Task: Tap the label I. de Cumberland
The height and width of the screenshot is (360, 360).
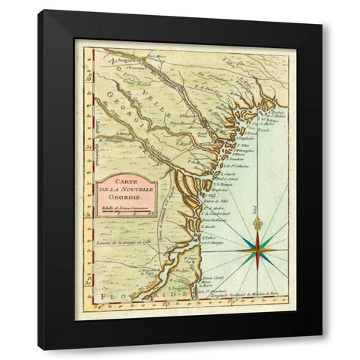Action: click(x=219, y=211)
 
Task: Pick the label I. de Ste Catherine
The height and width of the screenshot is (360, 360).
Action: click(x=228, y=164)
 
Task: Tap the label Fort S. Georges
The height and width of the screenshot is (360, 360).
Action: click(x=214, y=241)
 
